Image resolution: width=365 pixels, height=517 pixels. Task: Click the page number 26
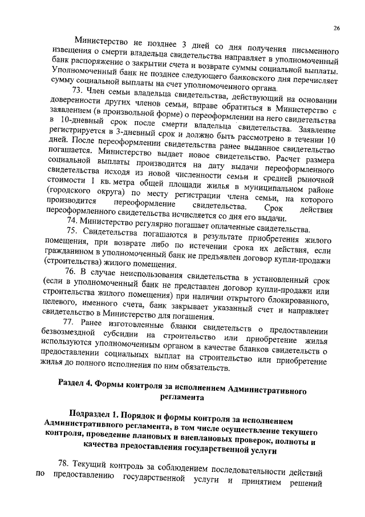[x=336, y=27]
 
